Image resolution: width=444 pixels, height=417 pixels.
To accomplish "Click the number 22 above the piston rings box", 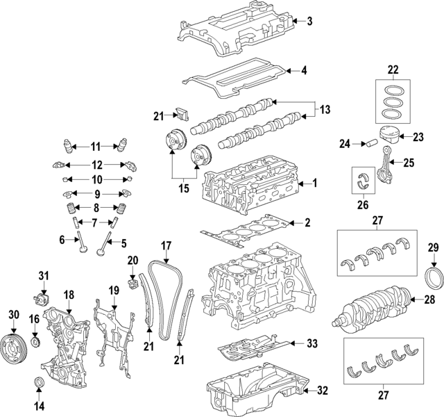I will click(393, 69).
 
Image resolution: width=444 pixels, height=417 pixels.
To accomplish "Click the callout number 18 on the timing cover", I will click(68, 296).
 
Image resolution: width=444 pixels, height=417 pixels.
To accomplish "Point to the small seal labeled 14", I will click(39, 384).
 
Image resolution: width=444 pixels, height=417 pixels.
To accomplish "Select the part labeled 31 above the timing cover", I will click(41, 299).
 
